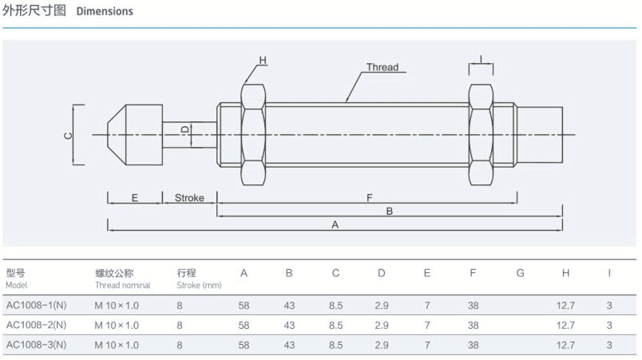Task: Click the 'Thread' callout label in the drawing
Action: pyautogui.click(x=382, y=67)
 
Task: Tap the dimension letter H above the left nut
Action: pyautogui.click(x=263, y=61)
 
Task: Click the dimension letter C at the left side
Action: pyautogui.click(x=69, y=135)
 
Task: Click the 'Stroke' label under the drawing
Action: pyautogui.click(x=189, y=198)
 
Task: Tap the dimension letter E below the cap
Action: pyautogui.click(x=135, y=198)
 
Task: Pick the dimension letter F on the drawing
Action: pyautogui.click(x=369, y=198)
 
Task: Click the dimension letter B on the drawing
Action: pyautogui.click(x=389, y=212)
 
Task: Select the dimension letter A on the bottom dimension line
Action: pyautogui.click(x=335, y=225)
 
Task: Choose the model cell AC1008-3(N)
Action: pyautogui.click(x=36, y=345)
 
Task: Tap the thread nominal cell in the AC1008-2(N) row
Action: pyautogui.click(x=117, y=325)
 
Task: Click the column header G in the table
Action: pyautogui.click(x=520, y=274)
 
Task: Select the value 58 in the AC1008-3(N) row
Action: pyautogui.click(x=244, y=345)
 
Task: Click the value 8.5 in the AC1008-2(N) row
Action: pyautogui.click(x=335, y=325)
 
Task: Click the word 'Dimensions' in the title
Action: pyautogui.click(x=105, y=12)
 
